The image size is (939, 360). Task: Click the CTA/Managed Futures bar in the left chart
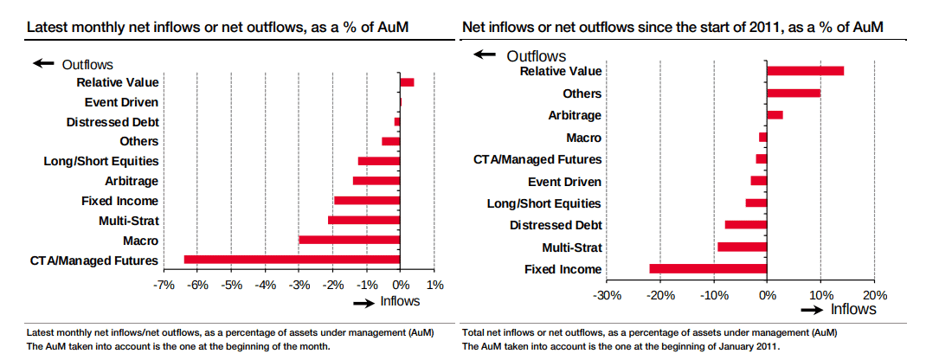(x=292, y=260)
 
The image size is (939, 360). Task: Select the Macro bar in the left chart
(x=349, y=240)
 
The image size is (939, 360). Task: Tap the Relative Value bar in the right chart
(x=805, y=71)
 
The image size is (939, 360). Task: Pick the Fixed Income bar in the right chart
(x=708, y=269)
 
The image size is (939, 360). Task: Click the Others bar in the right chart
(x=793, y=93)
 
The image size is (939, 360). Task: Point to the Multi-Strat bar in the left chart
(x=363, y=220)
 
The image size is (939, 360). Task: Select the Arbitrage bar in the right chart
(x=775, y=115)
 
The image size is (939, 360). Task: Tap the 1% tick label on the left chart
(x=434, y=285)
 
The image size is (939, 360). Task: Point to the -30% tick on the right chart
(x=606, y=294)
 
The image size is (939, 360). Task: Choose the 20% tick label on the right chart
(x=875, y=294)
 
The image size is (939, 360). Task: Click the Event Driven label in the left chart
(x=121, y=102)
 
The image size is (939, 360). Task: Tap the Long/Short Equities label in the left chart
(x=101, y=161)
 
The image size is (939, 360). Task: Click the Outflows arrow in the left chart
(x=43, y=64)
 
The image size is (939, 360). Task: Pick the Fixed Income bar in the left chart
(x=366, y=201)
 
